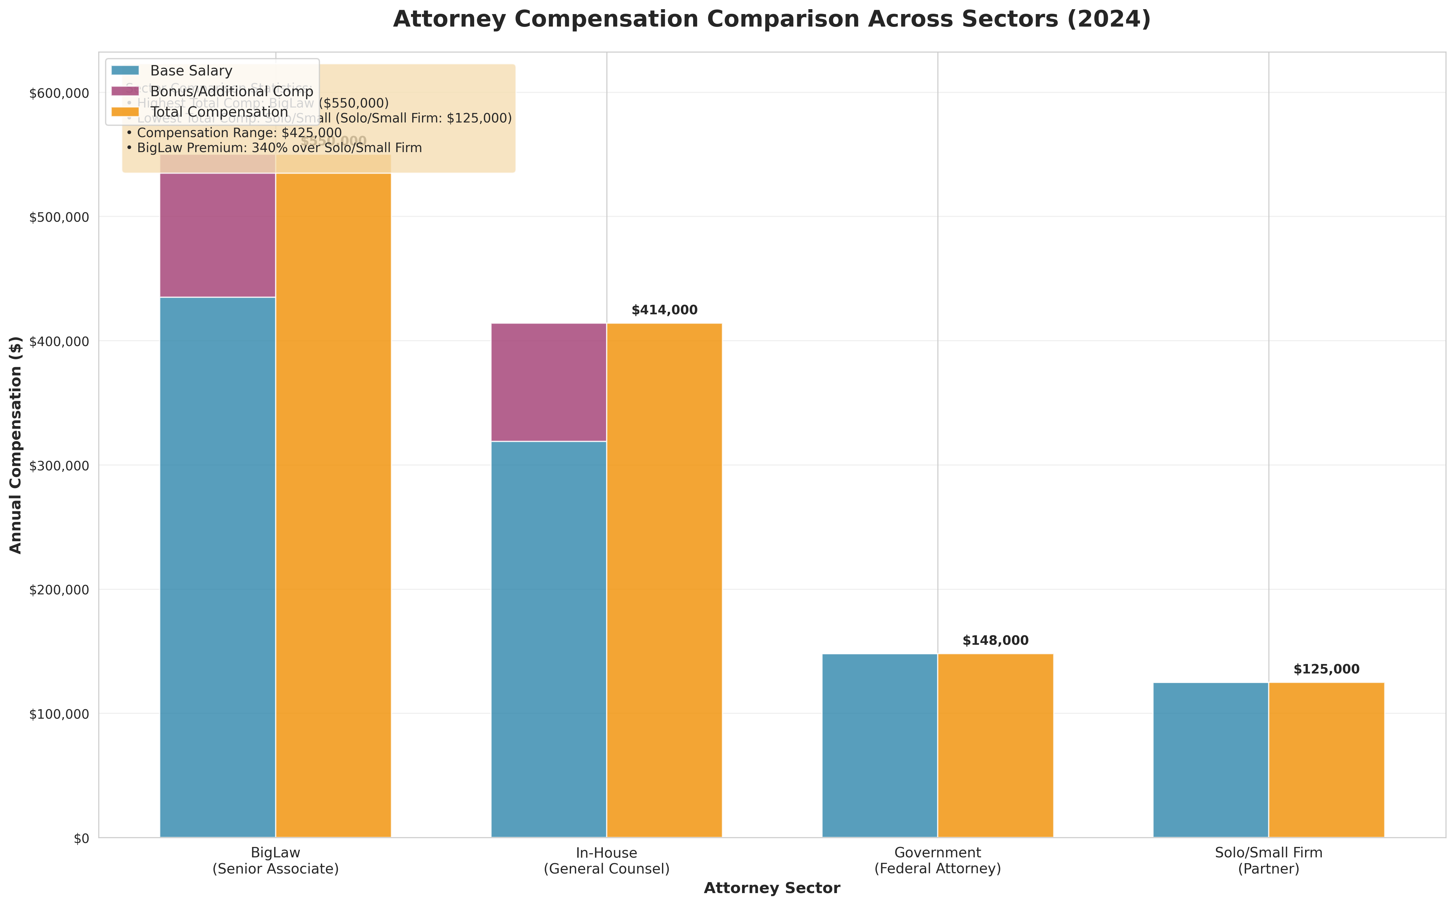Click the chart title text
pyautogui.click(x=772, y=20)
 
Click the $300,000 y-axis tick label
pyautogui.click(x=59, y=466)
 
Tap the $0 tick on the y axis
pyautogui.click(x=81, y=838)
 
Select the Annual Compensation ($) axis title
pyautogui.click(x=16, y=445)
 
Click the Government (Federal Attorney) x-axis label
pyautogui.click(x=937, y=861)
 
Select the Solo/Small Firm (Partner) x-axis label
pyautogui.click(x=1268, y=861)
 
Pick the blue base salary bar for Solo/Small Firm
pyautogui.click(x=1210, y=760)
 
